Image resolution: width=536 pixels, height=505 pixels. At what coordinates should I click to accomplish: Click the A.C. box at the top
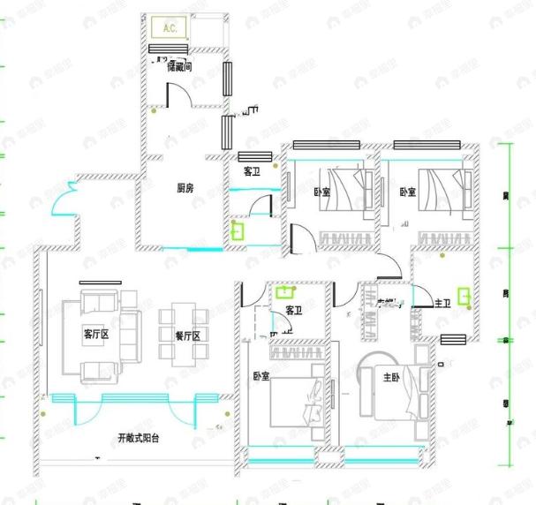(170, 27)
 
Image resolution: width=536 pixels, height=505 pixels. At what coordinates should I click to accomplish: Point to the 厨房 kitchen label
(185, 187)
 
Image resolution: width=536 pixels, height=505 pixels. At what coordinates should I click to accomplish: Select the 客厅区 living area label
(95, 334)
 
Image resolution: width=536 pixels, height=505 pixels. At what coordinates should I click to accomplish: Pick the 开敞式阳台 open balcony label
(138, 439)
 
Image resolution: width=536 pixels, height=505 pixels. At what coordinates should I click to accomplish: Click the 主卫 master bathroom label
(443, 303)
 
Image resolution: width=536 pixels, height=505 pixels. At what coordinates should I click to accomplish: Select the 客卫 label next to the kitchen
(252, 171)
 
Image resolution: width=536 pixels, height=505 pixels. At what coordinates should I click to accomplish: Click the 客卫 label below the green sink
(295, 311)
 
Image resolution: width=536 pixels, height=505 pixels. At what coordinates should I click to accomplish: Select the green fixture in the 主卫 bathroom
(464, 296)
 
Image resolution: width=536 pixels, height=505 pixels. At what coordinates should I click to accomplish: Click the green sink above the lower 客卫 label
(284, 291)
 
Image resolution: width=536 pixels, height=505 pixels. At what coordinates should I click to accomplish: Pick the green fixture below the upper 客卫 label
(238, 231)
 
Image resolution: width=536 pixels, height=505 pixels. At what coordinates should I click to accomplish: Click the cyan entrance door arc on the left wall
(64, 207)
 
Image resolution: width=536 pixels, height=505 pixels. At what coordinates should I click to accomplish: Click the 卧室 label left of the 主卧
(260, 377)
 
